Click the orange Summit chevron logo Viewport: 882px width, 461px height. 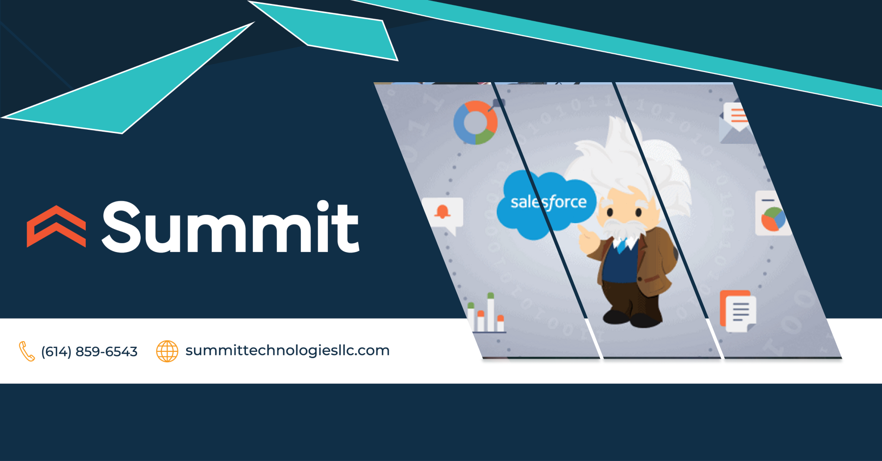tap(56, 226)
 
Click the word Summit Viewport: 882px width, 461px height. tap(230, 227)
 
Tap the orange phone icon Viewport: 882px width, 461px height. tap(26, 351)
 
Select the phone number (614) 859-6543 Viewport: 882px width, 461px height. tap(89, 351)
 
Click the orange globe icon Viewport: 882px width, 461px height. tap(167, 351)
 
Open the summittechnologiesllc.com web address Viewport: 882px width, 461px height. tap(287, 350)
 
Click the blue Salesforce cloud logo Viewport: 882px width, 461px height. tap(546, 205)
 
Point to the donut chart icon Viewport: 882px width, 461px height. tap(475, 122)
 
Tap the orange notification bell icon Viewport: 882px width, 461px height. tap(442, 212)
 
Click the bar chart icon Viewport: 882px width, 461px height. tap(486, 314)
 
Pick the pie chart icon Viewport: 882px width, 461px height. tap(773, 219)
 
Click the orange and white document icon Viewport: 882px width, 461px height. tap(737, 311)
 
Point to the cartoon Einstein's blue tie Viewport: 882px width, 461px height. tap(622, 245)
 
